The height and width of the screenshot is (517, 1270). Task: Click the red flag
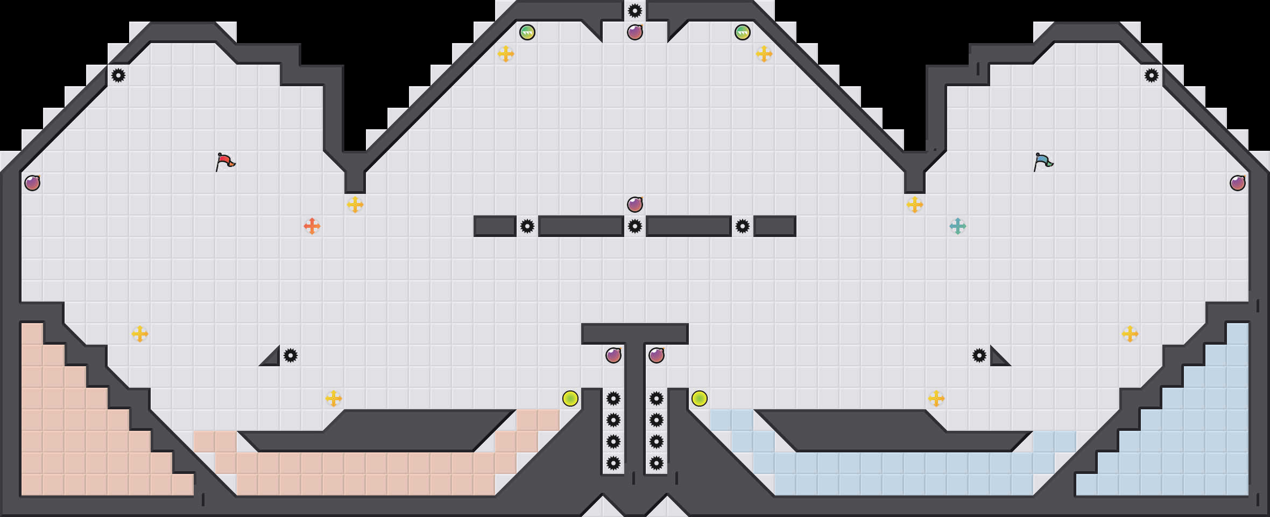pyautogui.click(x=225, y=162)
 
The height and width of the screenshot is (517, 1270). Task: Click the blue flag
pyautogui.click(x=1043, y=162)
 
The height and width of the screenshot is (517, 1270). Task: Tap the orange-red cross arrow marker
pyautogui.click(x=312, y=226)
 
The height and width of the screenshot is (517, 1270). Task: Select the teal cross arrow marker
pyautogui.click(x=958, y=226)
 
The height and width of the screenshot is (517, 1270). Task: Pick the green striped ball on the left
pyautogui.click(x=527, y=32)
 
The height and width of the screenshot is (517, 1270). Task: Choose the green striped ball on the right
pyautogui.click(x=743, y=32)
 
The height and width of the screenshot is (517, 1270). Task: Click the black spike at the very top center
pyautogui.click(x=635, y=11)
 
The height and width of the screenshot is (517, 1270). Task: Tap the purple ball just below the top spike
pyautogui.click(x=635, y=32)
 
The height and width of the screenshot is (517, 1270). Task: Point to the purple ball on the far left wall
pyautogui.click(x=32, y=183)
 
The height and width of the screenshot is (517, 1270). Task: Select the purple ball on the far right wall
pyautogui.click(x=1238, y=183)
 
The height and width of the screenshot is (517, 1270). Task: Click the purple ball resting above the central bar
pyautogui.click(x=635, y=205)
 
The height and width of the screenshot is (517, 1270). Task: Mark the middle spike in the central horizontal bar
pyautogui.click(x=635, y=226)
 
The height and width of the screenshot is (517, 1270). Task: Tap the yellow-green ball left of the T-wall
pyautogui.click(x=570, y=399)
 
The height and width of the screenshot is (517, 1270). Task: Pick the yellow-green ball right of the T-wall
pyautogui.click(x=700, y=399)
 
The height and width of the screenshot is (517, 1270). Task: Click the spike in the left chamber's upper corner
pyautogui.click(x=118, y=75)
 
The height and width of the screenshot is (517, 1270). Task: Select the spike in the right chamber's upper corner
pyautogui.click(x=1152, y=75)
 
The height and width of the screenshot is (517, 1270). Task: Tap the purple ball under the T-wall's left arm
pyautogui.click(x=613, y=355)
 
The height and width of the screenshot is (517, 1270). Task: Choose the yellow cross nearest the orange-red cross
pyautogui.click(x=355, y=205)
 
